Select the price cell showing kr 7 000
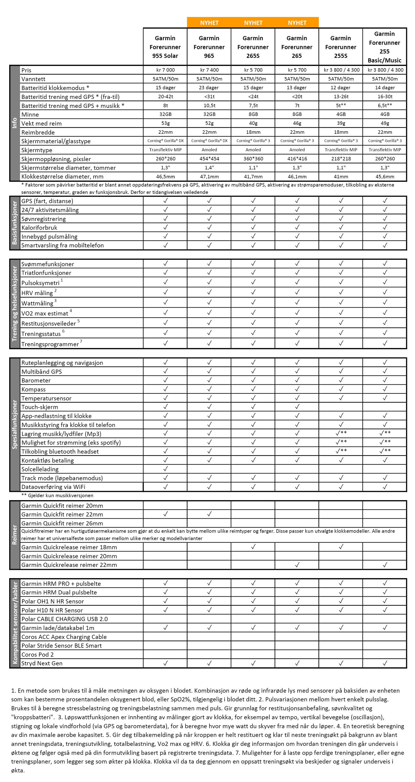tap(165, 70)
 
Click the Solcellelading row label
tap(40, 469)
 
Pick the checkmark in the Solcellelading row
tap(165, 469)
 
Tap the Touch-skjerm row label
tap(40, 407)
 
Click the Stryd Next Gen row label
tap(42, 663)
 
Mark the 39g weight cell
tap(341, 123)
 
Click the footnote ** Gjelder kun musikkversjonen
tap(57, 495)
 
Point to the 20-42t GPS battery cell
tap(165, 97)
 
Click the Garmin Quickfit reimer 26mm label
tap(62, 523)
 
